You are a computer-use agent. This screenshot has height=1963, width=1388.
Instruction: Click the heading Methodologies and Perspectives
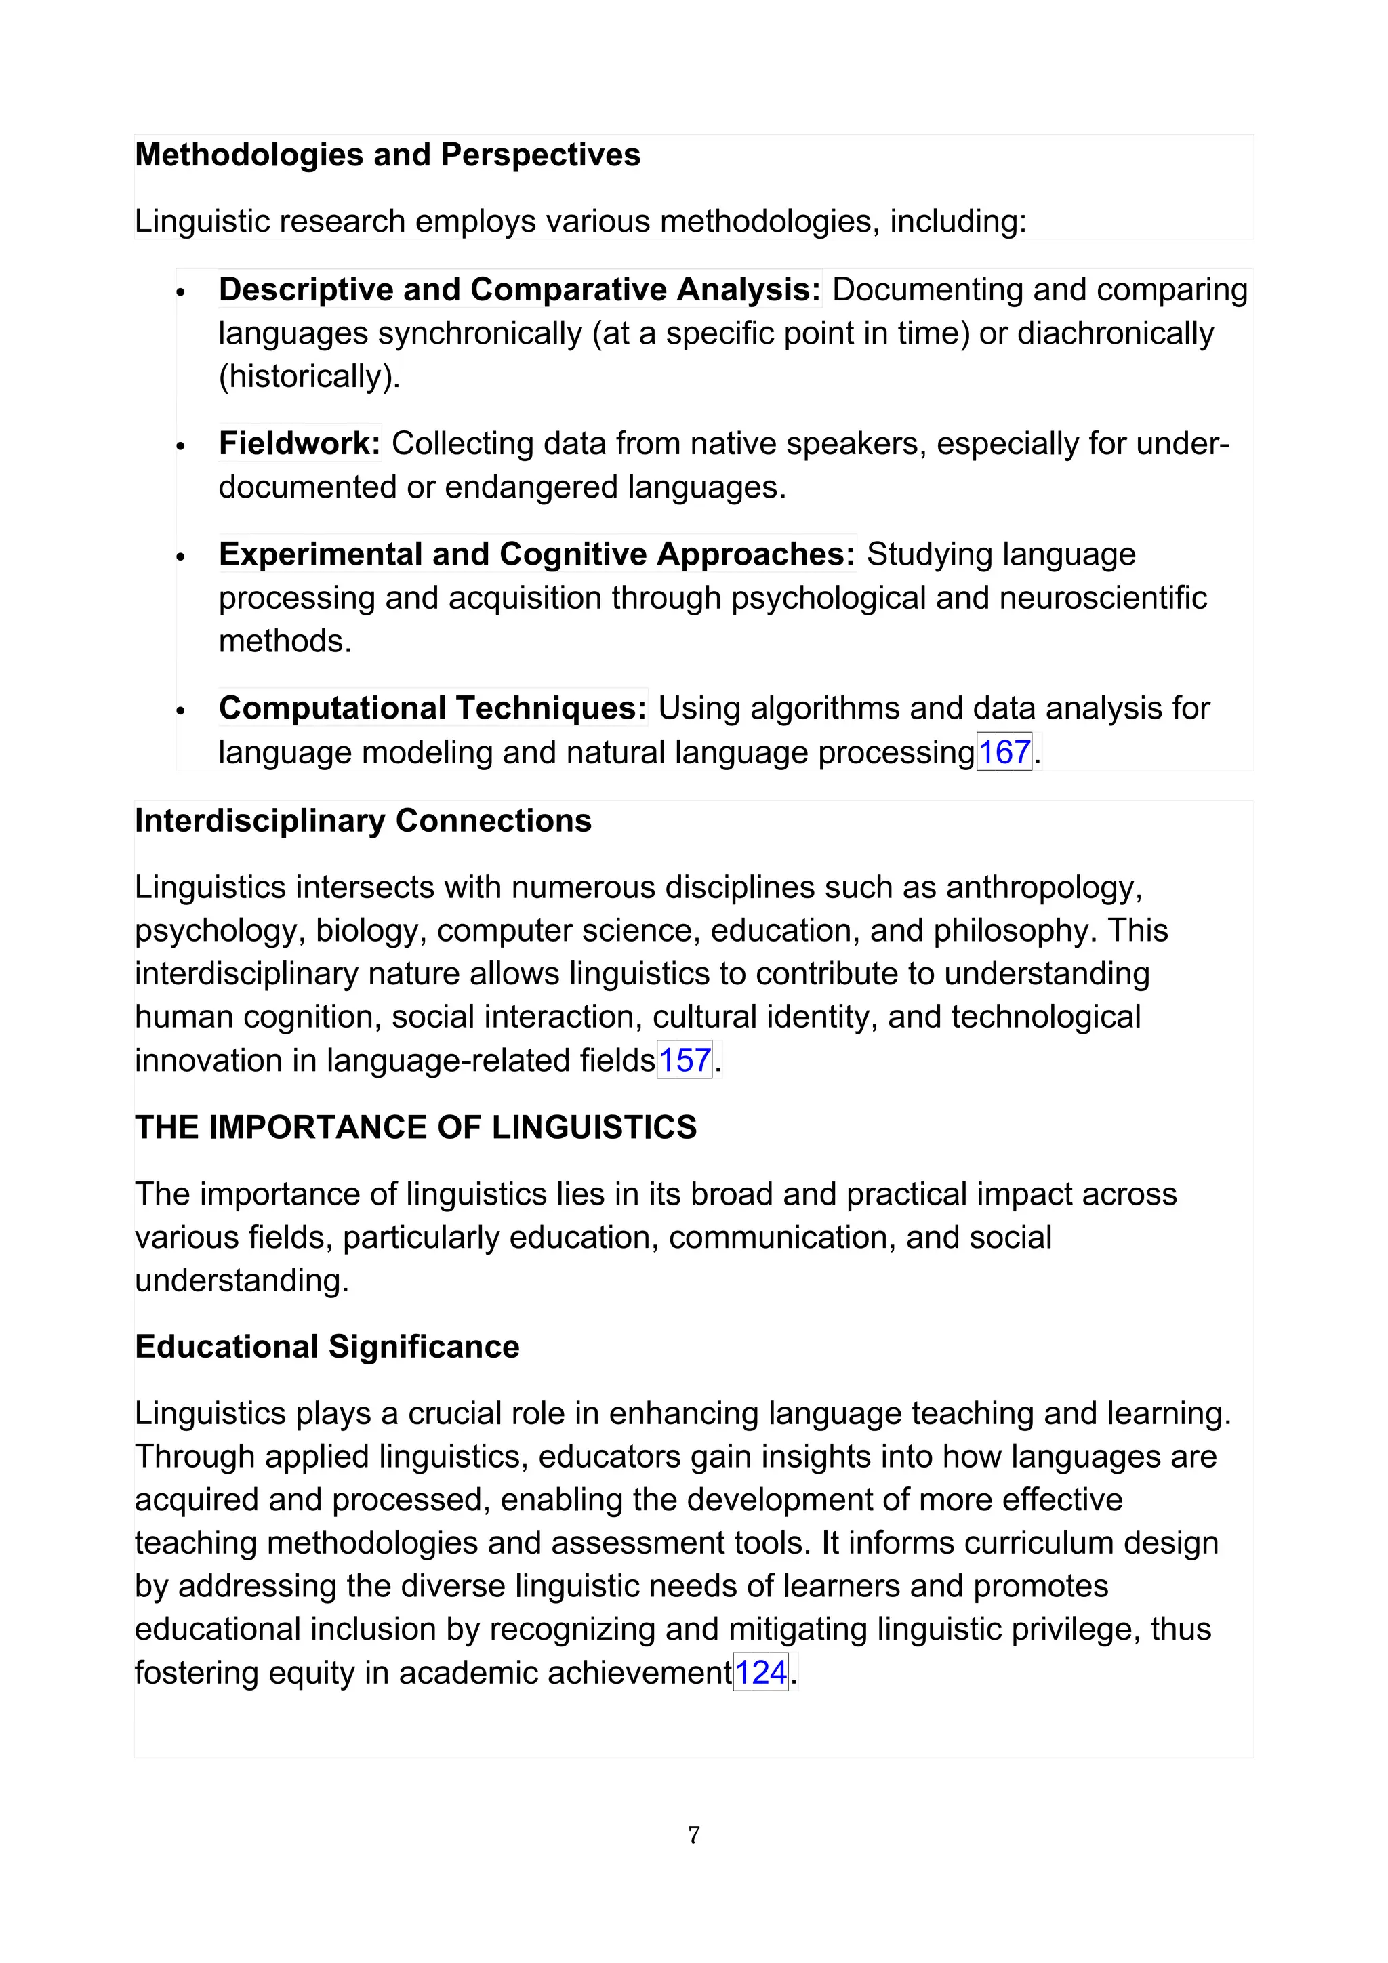click(x=387, y=155)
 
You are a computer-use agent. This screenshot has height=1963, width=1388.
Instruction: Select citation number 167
click(x=1004, y=752)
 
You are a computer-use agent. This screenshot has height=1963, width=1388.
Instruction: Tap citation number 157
click(x=684, y=1059)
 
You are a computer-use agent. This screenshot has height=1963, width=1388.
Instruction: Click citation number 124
click(x=760, y=1672)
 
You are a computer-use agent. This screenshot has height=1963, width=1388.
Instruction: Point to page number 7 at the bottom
click(x=693, y=1834)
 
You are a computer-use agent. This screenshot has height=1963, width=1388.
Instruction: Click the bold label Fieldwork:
click(x=299, y=443)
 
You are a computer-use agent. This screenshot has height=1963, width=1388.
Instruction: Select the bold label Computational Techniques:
click(x=432, y=708)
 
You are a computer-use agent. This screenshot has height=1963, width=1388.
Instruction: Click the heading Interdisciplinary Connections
click(x=363, y=820)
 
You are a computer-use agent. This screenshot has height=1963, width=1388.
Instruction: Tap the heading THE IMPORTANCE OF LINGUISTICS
click(x=415, y=1127)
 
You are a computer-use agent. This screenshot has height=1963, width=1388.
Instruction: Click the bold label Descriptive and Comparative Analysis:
click(x=520, y=289)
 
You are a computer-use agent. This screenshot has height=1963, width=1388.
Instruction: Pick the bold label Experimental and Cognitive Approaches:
click(x=537, y=554)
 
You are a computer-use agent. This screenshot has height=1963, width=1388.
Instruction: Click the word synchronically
click(x=479, y=333)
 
